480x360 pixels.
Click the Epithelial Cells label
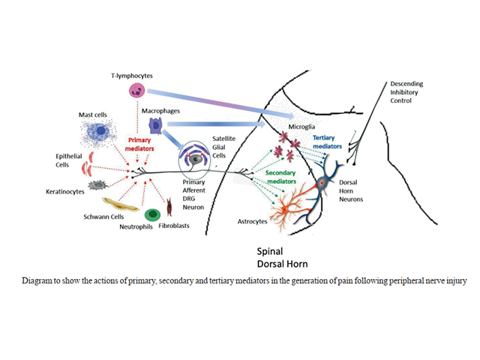click(x=58, y=161)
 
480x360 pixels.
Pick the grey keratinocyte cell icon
click(x=97, y=184)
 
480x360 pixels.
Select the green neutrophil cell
click(x=153, y=215)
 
